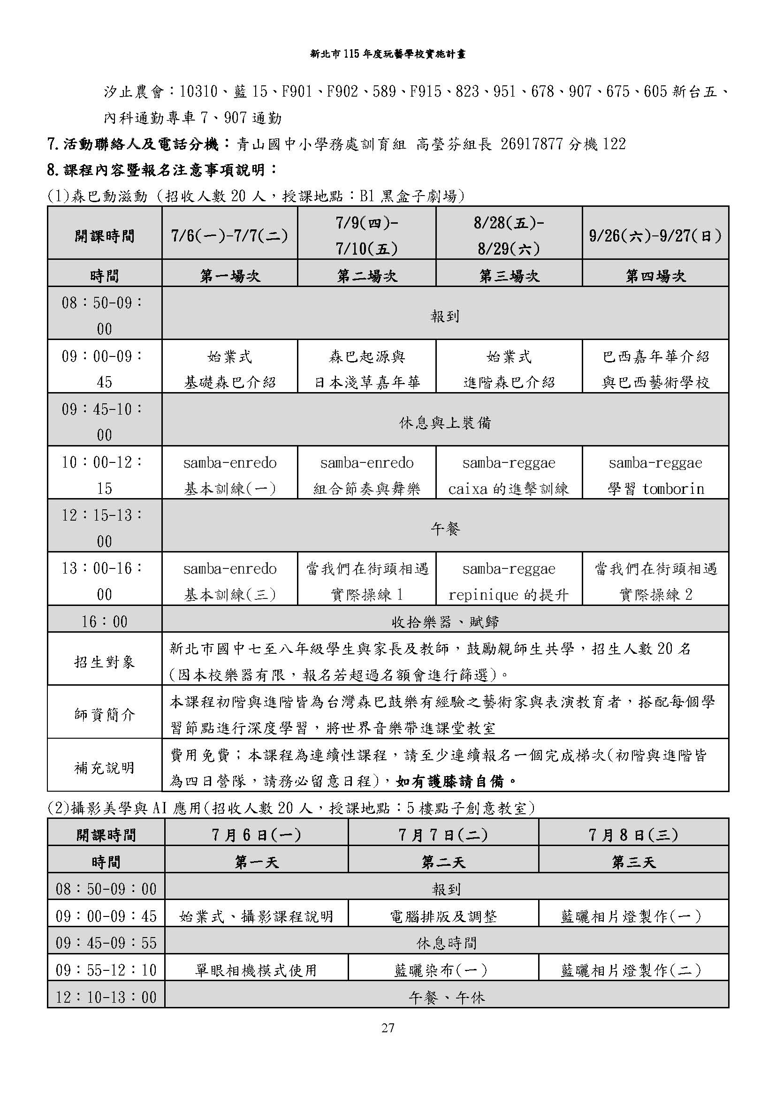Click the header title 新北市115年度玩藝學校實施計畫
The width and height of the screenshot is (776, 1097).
point(388,54)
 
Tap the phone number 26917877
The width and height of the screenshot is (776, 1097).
point(532,144)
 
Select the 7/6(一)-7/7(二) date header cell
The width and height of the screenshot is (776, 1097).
point(229,235)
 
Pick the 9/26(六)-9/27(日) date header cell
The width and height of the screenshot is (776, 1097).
point(655,235)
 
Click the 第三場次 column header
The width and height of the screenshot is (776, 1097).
point(509,276)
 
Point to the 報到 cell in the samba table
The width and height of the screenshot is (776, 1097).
point(445,316)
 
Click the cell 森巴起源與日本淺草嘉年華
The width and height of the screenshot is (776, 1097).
point(366,369)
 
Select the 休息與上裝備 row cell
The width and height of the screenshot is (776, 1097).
point(445,423)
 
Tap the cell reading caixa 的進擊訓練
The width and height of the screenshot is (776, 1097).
point(509,488)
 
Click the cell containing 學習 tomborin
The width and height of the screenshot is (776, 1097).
point(655,488)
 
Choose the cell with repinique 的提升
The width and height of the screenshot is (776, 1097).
point(509,594)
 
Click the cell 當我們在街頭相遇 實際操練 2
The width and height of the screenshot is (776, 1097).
point(655,581)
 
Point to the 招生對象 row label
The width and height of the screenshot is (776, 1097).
point(105,662)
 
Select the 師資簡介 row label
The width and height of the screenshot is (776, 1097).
point(105,715)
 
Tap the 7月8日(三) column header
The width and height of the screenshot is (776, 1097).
point(633,835)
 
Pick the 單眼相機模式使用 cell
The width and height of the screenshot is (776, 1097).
point(256,970)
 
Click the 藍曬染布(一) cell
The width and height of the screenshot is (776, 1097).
point(442,970)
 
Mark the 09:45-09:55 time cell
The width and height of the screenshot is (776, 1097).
point(106,943)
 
